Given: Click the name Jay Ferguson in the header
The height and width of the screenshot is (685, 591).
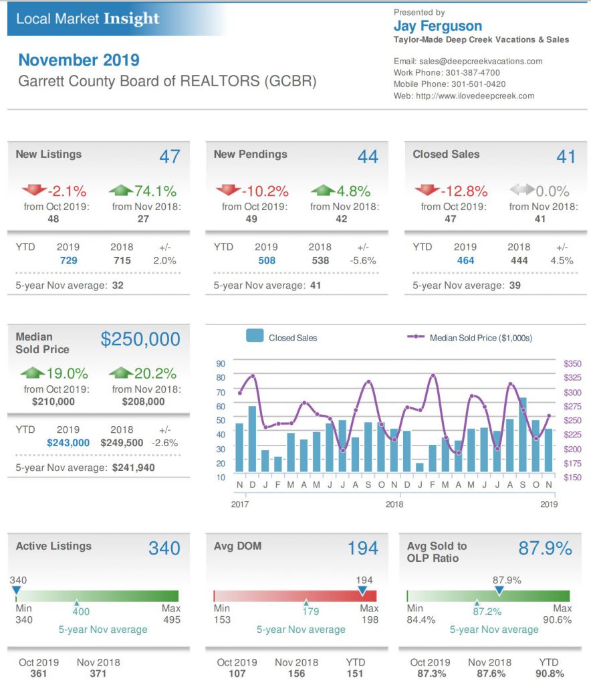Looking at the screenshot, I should point(438,26).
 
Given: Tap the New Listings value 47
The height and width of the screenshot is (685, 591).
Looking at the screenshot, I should point(170,157).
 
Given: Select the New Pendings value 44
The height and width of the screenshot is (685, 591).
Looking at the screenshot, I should point(368,157).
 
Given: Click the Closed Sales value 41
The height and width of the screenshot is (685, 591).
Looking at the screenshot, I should point(566,157).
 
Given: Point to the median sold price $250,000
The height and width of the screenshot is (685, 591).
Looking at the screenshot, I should point(140,339).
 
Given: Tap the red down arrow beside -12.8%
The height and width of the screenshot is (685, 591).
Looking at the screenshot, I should point(428,191).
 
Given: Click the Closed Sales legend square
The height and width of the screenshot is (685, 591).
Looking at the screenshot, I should point(254,336).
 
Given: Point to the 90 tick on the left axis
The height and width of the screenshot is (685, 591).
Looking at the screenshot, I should point(221,363).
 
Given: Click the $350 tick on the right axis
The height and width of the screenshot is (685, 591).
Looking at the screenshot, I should point(573,363).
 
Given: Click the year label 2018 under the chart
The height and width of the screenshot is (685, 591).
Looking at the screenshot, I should point(394,504).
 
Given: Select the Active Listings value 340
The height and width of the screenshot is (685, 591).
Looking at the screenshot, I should point(164,549).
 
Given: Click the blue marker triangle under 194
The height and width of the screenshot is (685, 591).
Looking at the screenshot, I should point(362,591).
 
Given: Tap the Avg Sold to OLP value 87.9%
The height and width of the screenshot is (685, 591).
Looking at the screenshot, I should point(545,549).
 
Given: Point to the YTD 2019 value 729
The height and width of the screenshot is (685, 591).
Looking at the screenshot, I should point(68,260).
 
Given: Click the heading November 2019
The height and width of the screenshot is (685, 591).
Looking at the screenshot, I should point(79,60).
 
